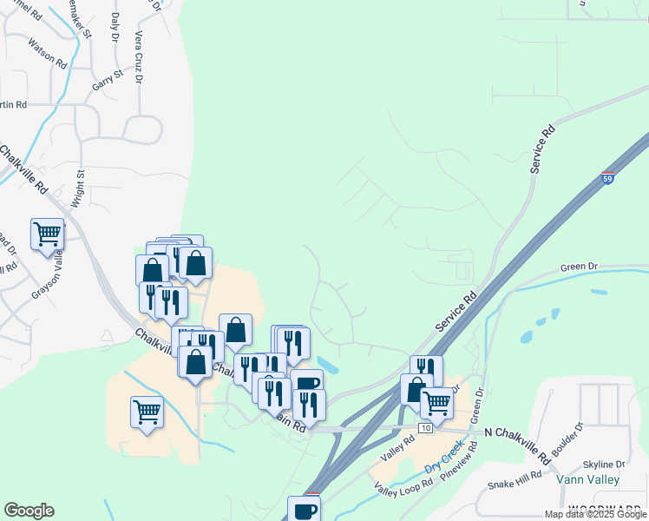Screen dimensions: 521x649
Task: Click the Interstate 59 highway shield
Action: tap(607, 177)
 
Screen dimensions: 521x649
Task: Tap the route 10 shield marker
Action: tap(424, 428)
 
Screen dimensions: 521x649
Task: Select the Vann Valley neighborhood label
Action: tap(588, 479)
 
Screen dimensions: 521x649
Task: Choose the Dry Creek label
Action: tap(444, 458)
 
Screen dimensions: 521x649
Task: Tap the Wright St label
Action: tap(80, 186)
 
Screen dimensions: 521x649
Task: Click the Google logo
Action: tap(29, 511)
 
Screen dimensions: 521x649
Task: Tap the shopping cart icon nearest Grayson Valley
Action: tap(47, 234)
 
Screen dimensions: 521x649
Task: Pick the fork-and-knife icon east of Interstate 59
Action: tap(426, 370)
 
